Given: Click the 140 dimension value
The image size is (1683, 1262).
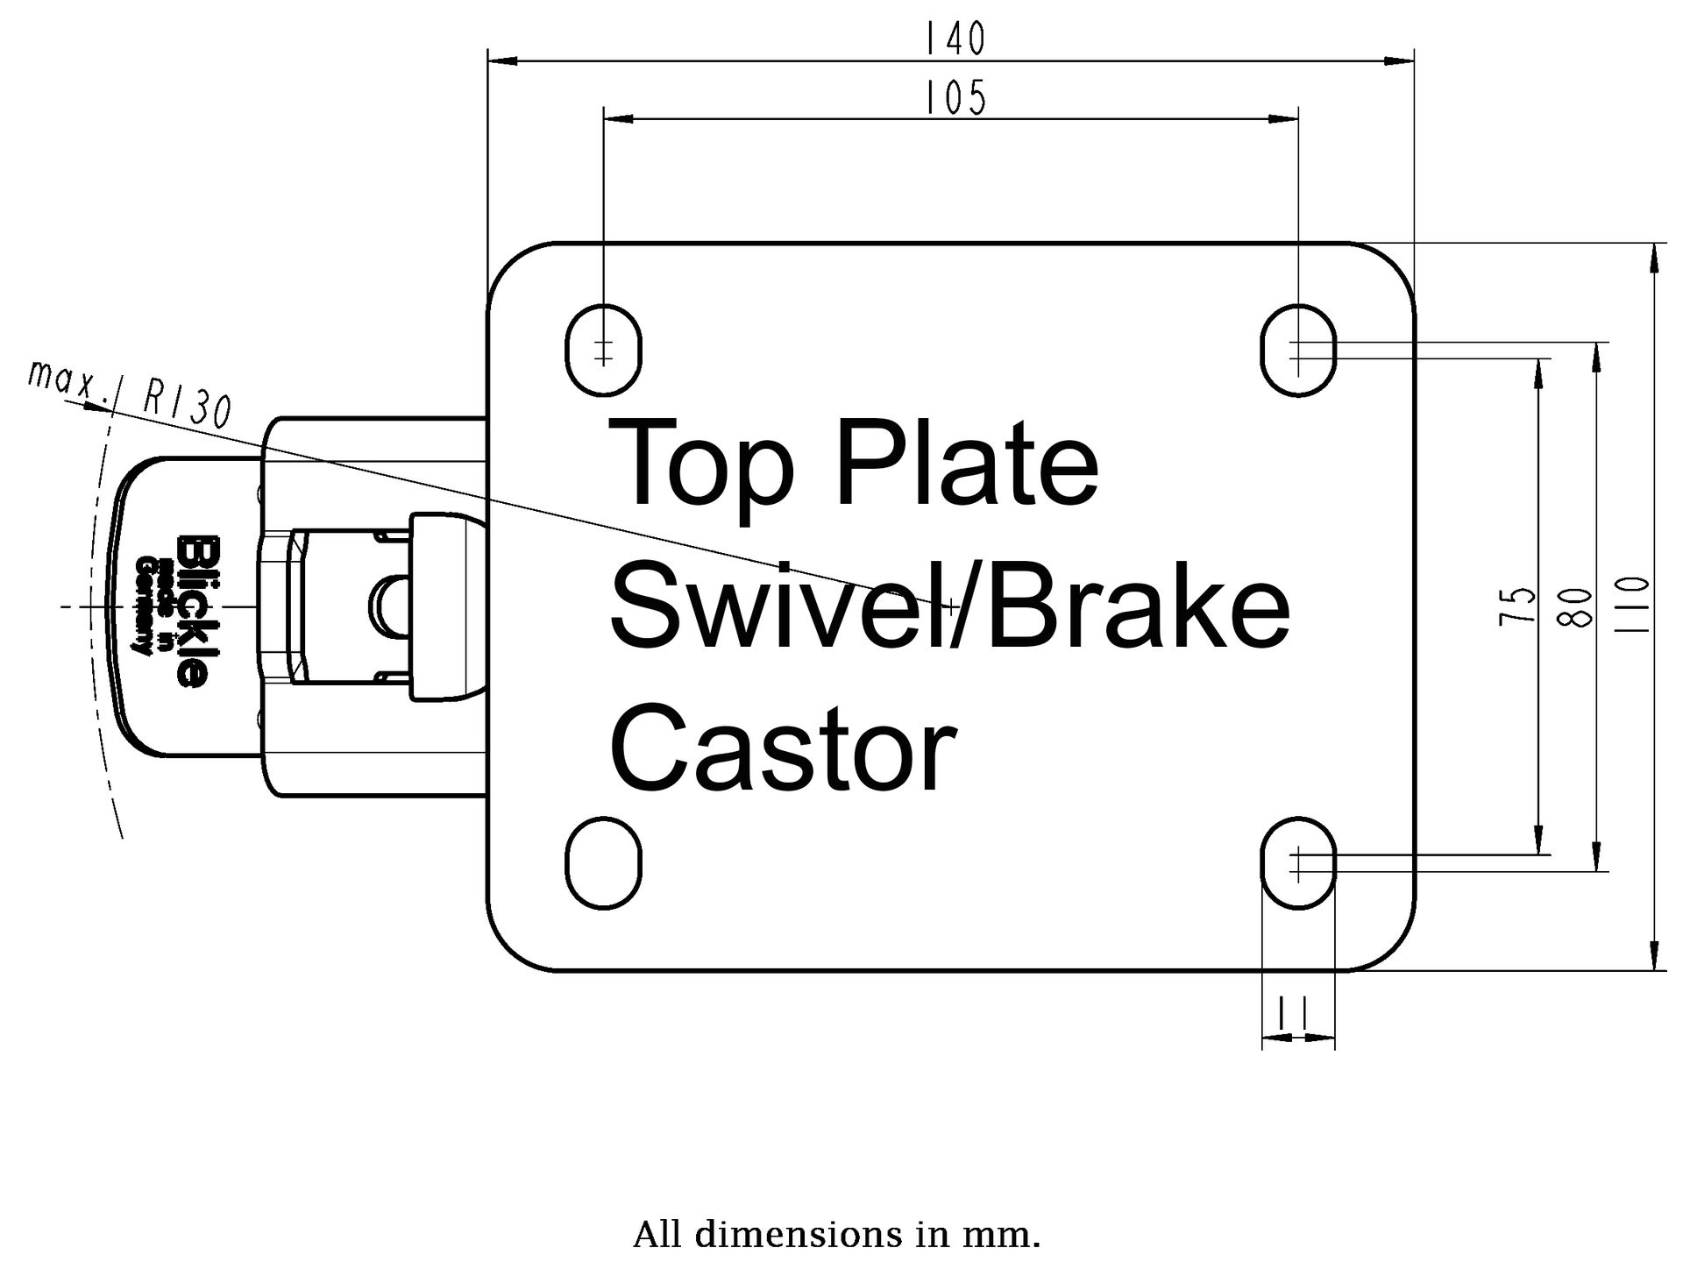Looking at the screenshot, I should (x=956, y=39).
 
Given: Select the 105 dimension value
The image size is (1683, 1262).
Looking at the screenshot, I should (x=956, y=97).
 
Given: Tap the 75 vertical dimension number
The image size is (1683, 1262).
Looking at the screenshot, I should (x=1518, y=605).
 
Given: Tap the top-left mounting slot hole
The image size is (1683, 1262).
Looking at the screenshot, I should (x=603, y=349).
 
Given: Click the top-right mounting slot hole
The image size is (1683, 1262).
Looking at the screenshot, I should (x=1298, y=350).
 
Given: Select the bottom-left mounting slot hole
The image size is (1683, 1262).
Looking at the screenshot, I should (x=603, y=863).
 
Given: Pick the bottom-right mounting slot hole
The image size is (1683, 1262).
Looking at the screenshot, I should (x=1298, y=863).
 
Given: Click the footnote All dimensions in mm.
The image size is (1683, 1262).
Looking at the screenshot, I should (x=836, y=1235).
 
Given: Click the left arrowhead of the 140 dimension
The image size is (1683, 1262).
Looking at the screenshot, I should (x=501, y=61).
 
